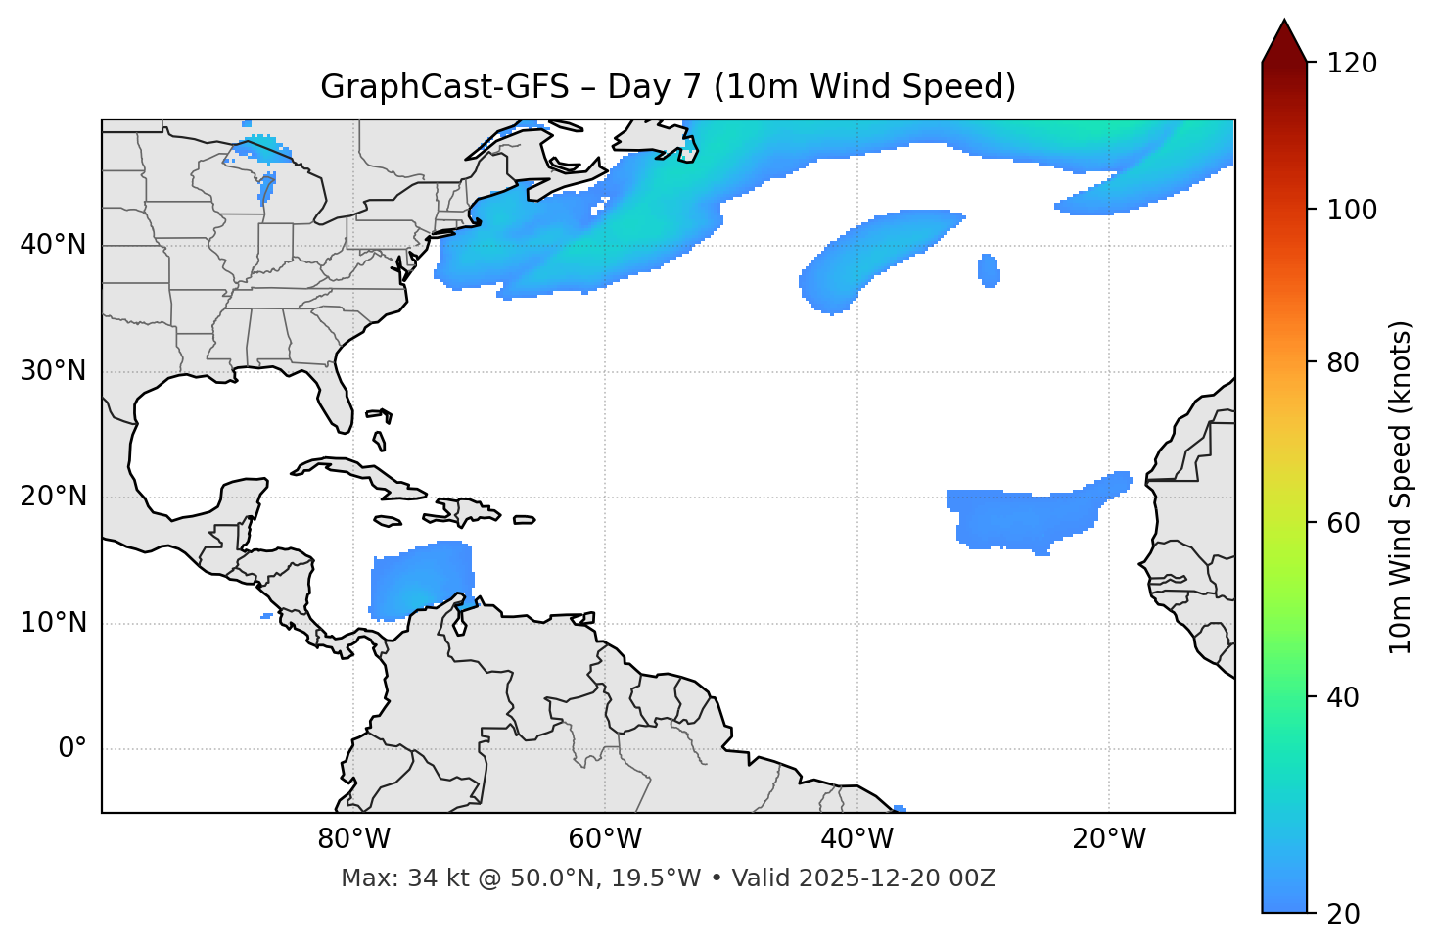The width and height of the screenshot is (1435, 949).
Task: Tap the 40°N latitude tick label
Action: pos(53,245)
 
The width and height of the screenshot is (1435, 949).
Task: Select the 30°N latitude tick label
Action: pos(53,371)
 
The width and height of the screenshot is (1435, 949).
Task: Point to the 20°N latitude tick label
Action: pos(53,497)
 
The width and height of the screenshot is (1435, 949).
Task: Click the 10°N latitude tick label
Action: pos(53,623)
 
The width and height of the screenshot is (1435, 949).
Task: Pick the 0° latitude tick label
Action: pos(72,749)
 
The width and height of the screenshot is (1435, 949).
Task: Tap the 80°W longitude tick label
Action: pos(353,839)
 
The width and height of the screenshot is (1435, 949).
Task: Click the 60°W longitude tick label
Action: pos(605,839)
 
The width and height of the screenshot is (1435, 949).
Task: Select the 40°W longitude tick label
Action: pos(856,839)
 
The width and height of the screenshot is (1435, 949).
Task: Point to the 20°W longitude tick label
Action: pos(1108,839)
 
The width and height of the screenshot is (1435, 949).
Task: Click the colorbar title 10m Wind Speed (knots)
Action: pos(1401,488)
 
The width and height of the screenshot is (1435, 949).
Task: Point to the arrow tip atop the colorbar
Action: pos(1284,22)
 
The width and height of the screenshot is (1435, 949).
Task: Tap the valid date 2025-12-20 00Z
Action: pos(897,878)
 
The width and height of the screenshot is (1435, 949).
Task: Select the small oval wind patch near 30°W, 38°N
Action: pos(989,270)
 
